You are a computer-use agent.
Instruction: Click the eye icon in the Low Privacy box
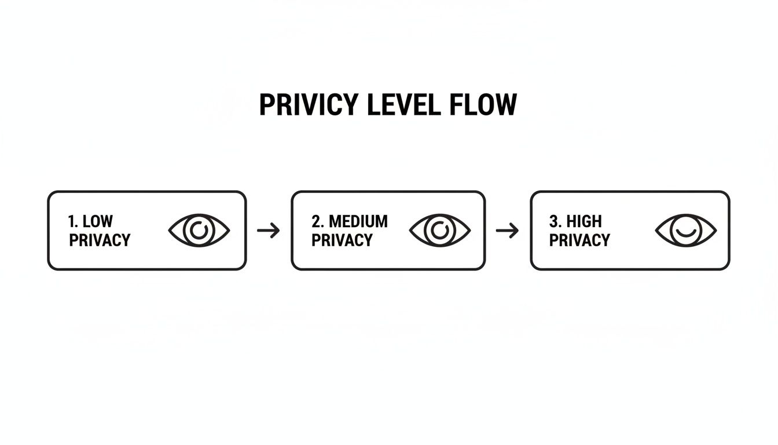pos(199,231)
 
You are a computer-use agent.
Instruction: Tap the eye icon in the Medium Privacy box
pos(440,231)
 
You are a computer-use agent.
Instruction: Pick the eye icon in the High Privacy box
pos(686,231)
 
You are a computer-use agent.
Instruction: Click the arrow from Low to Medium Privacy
pos(268,231)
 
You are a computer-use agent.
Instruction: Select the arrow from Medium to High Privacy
pos(508,231)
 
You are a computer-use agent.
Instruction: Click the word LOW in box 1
pos(98,221)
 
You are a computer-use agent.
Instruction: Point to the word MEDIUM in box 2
pos(358,221)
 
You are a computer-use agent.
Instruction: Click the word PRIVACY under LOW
pos(100,240)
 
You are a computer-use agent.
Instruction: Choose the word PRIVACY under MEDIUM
pos(342,240)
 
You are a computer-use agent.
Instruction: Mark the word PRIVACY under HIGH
pos(579,240)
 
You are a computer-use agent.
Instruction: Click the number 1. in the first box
pos(73,221)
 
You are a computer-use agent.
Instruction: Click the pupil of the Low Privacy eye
pos(199,231)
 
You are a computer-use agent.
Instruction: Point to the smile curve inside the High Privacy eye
pos(686,234)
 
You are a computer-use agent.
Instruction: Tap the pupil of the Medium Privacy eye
pos(440,231)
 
